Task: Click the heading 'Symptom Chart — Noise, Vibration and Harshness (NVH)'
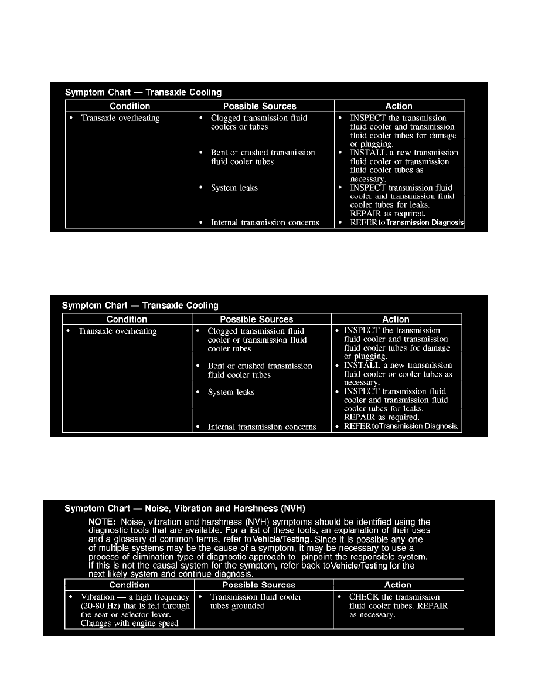pos(185,508)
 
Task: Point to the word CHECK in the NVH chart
pos(365,597)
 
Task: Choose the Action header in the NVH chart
pos(398,585)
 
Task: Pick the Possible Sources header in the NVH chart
pos(258,585)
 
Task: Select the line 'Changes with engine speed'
pos(130,623)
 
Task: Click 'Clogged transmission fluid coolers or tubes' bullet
pos(258,123)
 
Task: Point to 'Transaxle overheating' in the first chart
pos(120,118)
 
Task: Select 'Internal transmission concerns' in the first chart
pos(265,222)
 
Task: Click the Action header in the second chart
pos(396,319)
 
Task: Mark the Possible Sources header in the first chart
pos(260,106)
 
